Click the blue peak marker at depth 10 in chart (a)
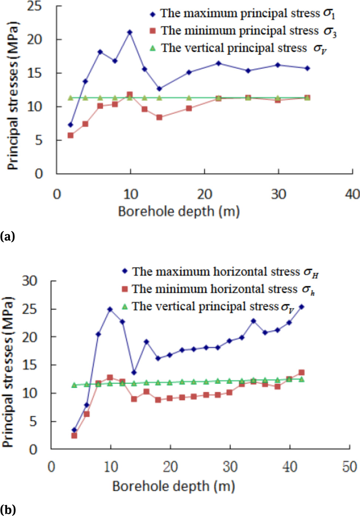tap(130, 32)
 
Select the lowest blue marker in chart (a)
tap(70, 125)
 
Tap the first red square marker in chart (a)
tap(70, 135)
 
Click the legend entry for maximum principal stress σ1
tap(242, 14)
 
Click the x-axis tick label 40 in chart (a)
tap(352, 194)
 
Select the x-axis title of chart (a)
tap(179, 211)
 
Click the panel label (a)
tap(7, 236)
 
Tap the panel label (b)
tap(8, 509)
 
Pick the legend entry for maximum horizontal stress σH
tap(220, 272)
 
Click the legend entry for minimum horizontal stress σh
tap(218, 289)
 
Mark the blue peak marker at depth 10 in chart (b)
tap(110, 309)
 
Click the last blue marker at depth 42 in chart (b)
tap(302, 307)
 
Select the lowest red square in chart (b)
tap(74, 436)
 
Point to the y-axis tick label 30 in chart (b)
tap(30, 281)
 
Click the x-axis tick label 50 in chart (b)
tap(349, 467)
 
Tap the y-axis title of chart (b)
tap(8, 372)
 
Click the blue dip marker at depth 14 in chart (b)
tap(134, 372)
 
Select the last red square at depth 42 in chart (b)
tap(302, 373)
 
